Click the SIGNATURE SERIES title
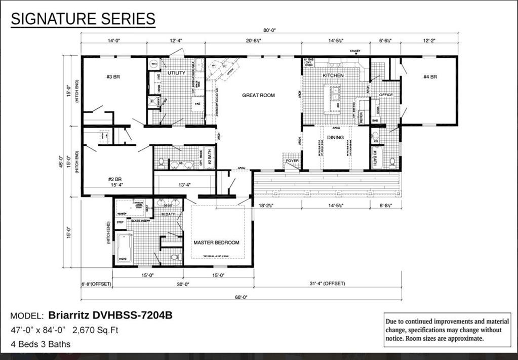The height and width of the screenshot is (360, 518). tap(83, 19)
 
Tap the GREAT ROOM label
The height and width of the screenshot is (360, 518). tap(258, 95)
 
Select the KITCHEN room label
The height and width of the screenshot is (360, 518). tap(333, 75)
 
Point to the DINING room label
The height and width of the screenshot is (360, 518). tap(335, 137)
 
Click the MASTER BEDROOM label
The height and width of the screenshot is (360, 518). tap(216, 243)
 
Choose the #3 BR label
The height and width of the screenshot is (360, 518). tap(112, 77)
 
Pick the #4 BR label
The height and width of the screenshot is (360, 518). tap(430, 77)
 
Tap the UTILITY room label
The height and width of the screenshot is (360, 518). tap(176, 73)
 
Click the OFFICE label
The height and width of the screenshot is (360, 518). tap(386, 95)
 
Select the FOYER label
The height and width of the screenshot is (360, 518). tap(292, 161)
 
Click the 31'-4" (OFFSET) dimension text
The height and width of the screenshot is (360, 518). tap(327, 284)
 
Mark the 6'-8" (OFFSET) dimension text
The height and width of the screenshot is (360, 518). tap(96, 284)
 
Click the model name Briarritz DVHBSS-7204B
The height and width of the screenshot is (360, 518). tap(110, 315)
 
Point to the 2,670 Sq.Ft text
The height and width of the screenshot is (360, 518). tap(95, 330)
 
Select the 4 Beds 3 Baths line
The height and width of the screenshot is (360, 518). tap(41, 344)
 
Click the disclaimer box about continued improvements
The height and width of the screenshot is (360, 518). tap(448, 330)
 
